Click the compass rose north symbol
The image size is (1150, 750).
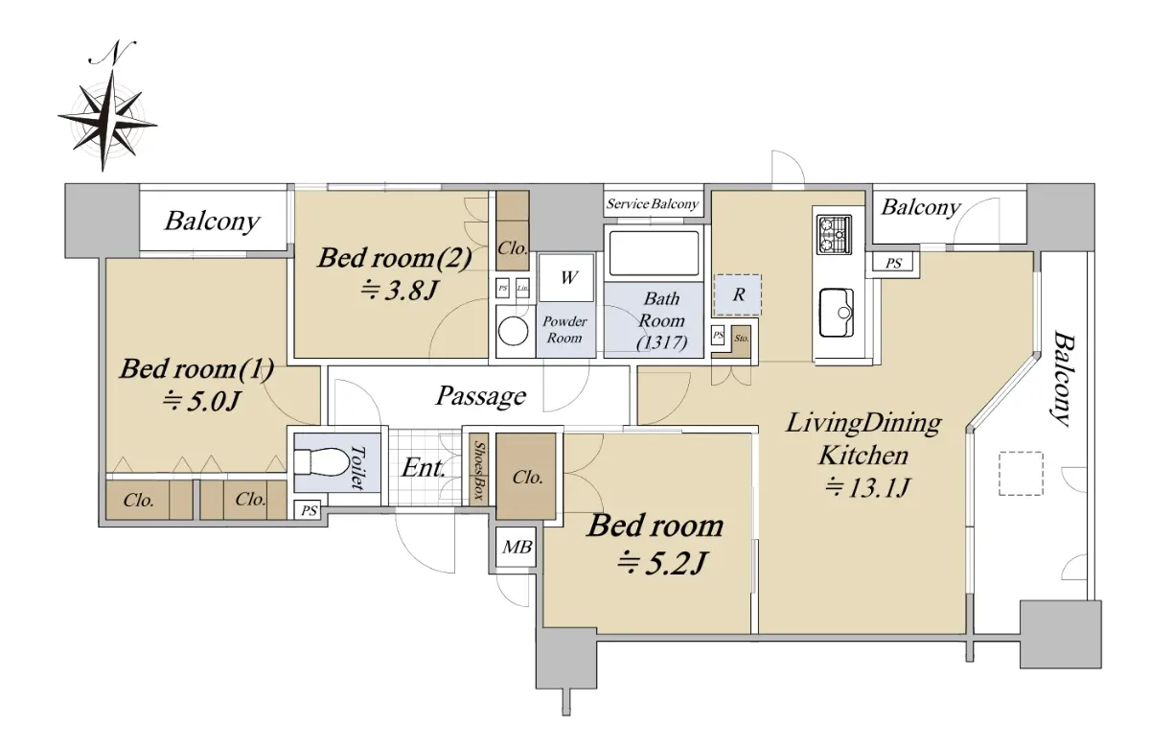click(x=107, y=105)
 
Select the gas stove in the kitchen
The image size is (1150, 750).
click(x=834, y=235)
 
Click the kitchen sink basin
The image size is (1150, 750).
click(x=837, y=313)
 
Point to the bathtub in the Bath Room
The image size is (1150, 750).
click(x=654, y=254)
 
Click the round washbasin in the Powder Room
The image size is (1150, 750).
click(x=513, y=331)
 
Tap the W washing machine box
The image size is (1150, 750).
click(x=566, y=278)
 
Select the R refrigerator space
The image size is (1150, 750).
click(x=738, y=294)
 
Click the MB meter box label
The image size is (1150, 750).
click(x=517, y=547)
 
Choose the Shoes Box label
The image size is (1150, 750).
click(x=479, y=470)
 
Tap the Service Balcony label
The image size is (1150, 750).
click(x=653, y=204)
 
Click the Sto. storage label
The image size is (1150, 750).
click(x=742, y=338)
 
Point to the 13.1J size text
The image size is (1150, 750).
click(x=867, y=487)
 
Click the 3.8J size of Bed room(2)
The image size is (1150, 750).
click(x=399, y=291)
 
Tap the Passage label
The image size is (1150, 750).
click(x=481, y=396)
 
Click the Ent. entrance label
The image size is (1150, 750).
click(x=423, y=467)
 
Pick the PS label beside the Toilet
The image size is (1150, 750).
click(x=309, y=510)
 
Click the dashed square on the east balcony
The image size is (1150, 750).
click(x=1021, y=473)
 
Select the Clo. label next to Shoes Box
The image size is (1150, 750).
click(x=528, y=478)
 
